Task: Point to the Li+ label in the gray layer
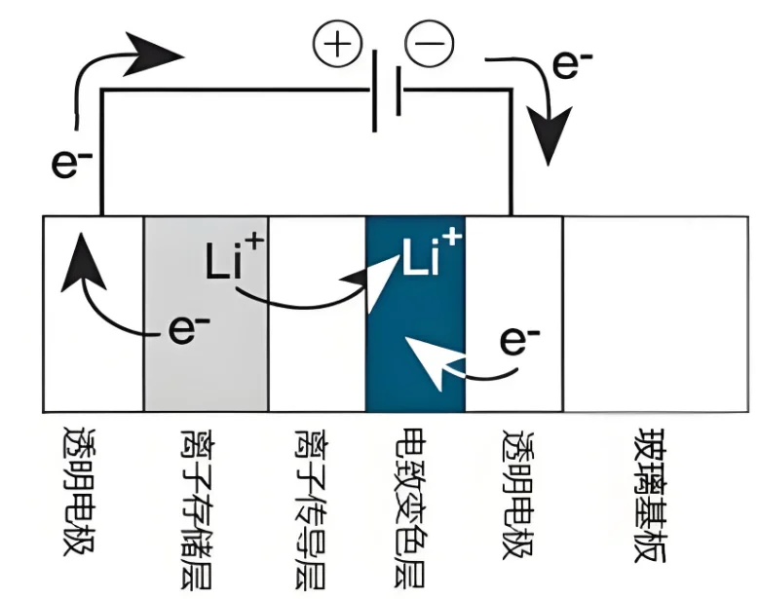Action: [x=231, y=261]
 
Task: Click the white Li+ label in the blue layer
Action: [x=432, y=256]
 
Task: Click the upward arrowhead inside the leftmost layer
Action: [x=79, y=263]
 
